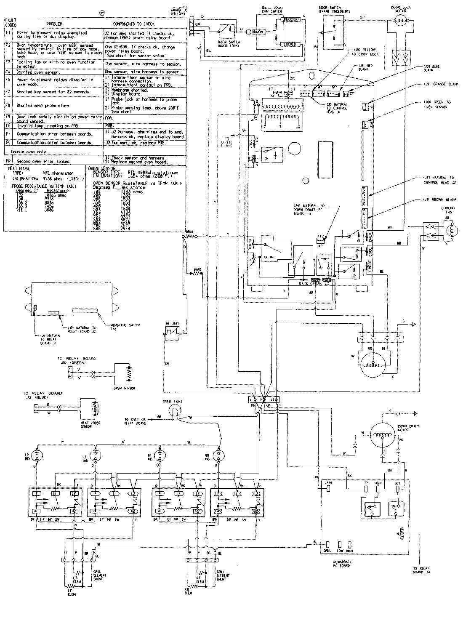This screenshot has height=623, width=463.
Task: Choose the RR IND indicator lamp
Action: [x=218, y=455]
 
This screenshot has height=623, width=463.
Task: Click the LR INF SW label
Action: [x=56, y=520]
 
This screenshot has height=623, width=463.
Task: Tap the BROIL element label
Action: [x=189, y=232]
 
